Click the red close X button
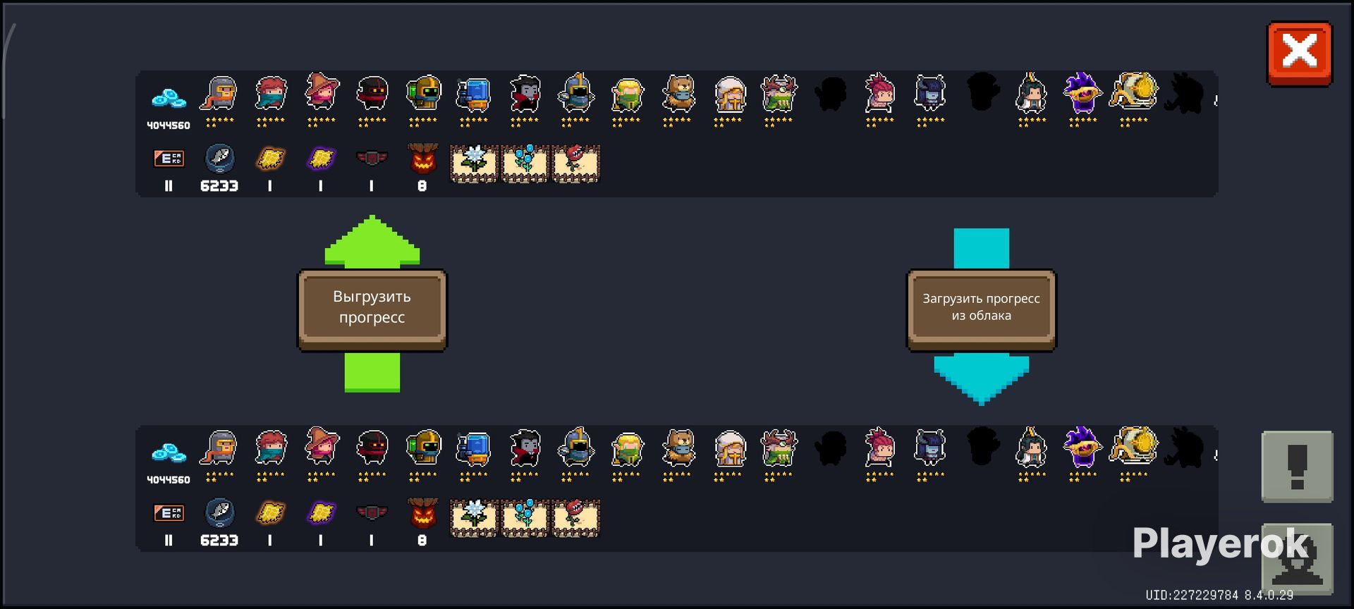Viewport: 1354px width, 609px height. tap(1299, 54)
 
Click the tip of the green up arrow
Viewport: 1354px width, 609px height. tap(372, 216)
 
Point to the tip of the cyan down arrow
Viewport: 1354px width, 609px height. tap(982, 404)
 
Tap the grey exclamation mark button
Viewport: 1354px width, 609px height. tap(1297, 466)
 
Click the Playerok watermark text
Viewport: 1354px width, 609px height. tap(1221, 543)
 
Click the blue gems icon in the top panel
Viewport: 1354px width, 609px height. tap(169, 99)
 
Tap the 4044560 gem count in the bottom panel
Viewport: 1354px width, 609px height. tap(169, 480)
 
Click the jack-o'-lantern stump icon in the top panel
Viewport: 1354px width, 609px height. tap(422, 159)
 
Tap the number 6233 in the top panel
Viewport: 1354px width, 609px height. tap(219, 186)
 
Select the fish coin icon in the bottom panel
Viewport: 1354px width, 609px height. tap(219, 512)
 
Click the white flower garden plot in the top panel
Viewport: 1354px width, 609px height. tap(474, 164)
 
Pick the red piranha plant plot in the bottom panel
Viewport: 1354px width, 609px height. tap(575, 518)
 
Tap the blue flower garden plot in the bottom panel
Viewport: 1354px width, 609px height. tap(525, 518)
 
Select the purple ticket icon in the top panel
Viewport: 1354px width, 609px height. tap(321, 159)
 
